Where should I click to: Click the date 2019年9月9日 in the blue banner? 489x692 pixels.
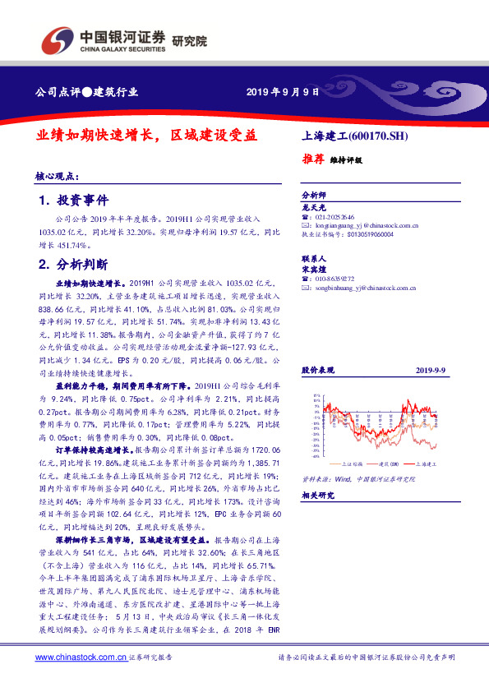click(282, 91)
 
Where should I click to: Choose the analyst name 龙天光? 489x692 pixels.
click(315, 209)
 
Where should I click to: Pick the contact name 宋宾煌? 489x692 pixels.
click(315, 269)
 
